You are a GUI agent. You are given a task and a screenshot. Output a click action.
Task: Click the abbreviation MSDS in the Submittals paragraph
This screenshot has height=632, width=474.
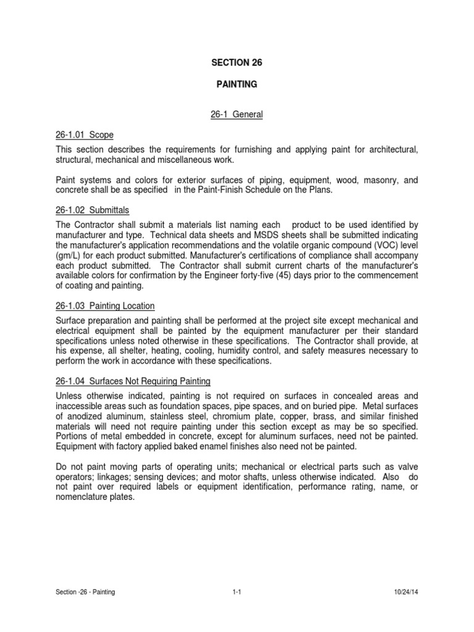point(264,236)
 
